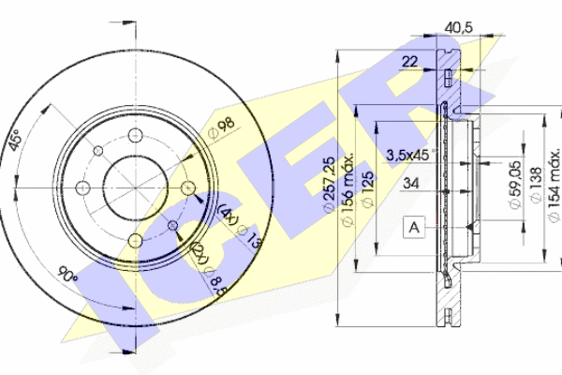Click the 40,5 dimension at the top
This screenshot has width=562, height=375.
click(x=457, y=27)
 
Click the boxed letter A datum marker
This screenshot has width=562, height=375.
click(x=413, y=226)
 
